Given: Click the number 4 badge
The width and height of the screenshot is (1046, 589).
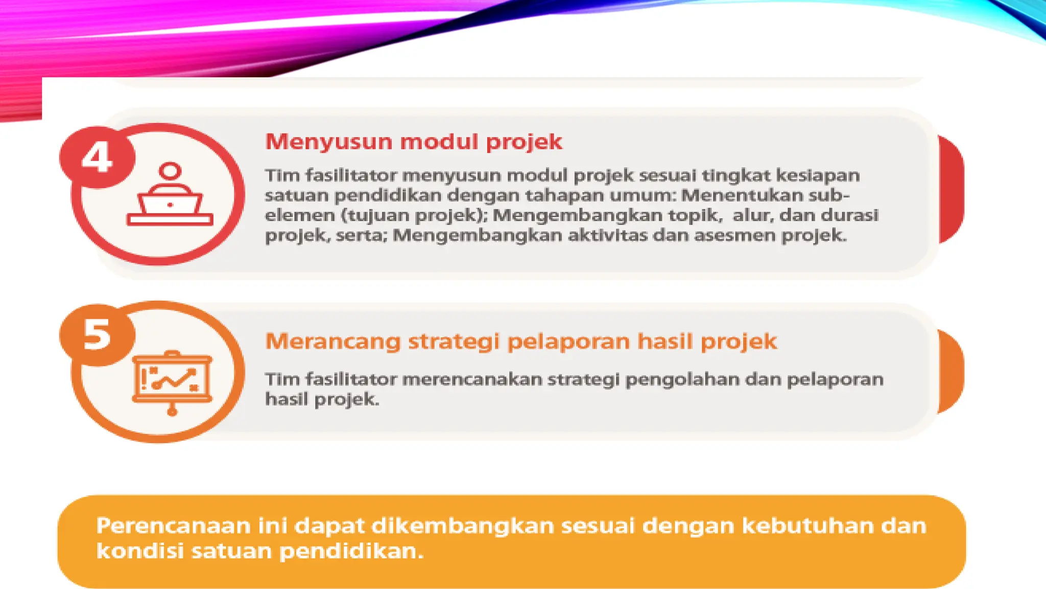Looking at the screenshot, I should [97, 157].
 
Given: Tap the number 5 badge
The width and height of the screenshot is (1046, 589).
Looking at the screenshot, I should [97, 335].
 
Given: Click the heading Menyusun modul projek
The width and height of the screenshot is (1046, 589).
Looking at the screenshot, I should [414, 142].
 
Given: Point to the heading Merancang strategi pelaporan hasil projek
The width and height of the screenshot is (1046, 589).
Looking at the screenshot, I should [521, 342].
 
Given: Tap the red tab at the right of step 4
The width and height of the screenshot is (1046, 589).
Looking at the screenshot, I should [951, 189].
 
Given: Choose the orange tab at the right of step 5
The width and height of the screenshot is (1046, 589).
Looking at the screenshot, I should [951, 371].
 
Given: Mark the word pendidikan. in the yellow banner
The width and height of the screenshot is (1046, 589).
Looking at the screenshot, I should [352, 551].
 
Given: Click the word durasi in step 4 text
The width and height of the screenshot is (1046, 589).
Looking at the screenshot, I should [849, 215].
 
